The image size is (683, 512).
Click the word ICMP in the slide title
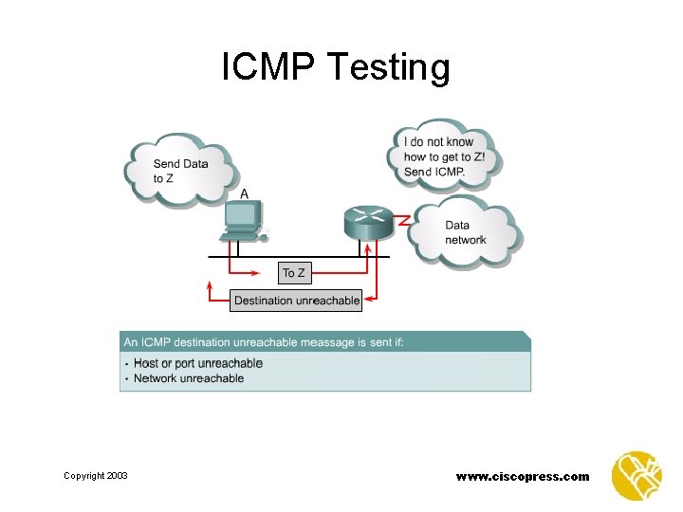click(x=268, y=67)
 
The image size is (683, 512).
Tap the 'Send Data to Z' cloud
click(x=179, y=170)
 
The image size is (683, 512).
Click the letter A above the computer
click(x=245, y=194)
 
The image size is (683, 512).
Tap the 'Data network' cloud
click(x=466, y=232)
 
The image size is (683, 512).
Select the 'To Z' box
click(x=294, y=273)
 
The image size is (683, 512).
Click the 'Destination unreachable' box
click(x=297, y=301)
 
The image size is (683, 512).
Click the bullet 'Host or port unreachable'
click(x=198, y=363)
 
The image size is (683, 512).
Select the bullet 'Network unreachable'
click(x=189, y=378)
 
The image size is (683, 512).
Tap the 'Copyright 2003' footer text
click(x=95, y=476)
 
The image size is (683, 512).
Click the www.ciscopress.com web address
click(x=523, y=476)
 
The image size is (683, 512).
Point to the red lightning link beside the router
click(x=402, y=220)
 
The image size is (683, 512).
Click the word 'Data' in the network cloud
click(x=457, y=226)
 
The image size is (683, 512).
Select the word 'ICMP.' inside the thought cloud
click(x=447, y=172)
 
